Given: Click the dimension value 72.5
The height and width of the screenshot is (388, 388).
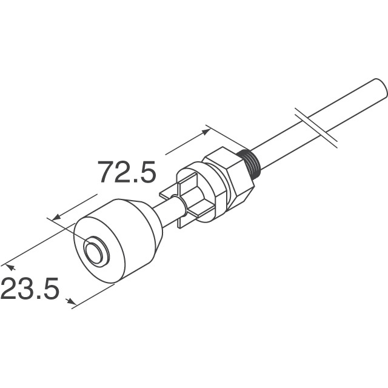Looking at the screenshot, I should pyautogui.click(x=127, y=172).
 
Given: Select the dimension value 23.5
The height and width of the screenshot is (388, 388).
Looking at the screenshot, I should pyautogui.click(x=30, y=289).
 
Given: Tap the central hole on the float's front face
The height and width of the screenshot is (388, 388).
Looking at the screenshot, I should pyautogui.click(x=95, y=252).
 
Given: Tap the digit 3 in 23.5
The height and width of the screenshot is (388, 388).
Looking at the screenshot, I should pyautogui.click(x=28, y=289).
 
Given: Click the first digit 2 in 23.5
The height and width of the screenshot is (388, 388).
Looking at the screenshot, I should pyautogui.click(x=10, y=289).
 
